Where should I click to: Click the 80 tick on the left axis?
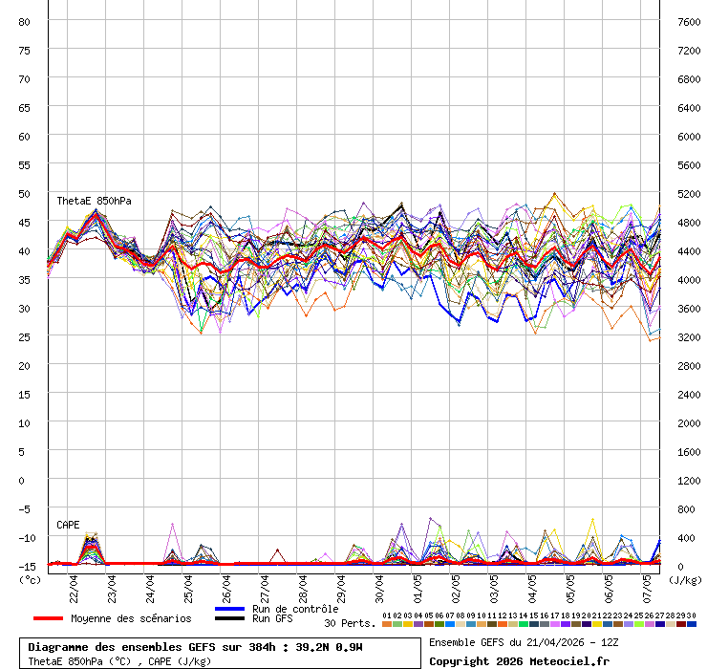[24, 21]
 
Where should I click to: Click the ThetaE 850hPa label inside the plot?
[94, 201]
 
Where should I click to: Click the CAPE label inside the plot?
[68, 525]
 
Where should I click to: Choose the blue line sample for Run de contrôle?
[229, 609]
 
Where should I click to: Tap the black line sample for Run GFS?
[229, 618]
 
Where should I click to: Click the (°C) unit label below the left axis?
[30, 579]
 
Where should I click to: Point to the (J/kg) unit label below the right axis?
[684, 579]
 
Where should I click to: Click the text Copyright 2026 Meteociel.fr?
[518, 660]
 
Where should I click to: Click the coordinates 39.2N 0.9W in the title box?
[329, 647]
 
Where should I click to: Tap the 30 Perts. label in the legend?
[350, 623]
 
